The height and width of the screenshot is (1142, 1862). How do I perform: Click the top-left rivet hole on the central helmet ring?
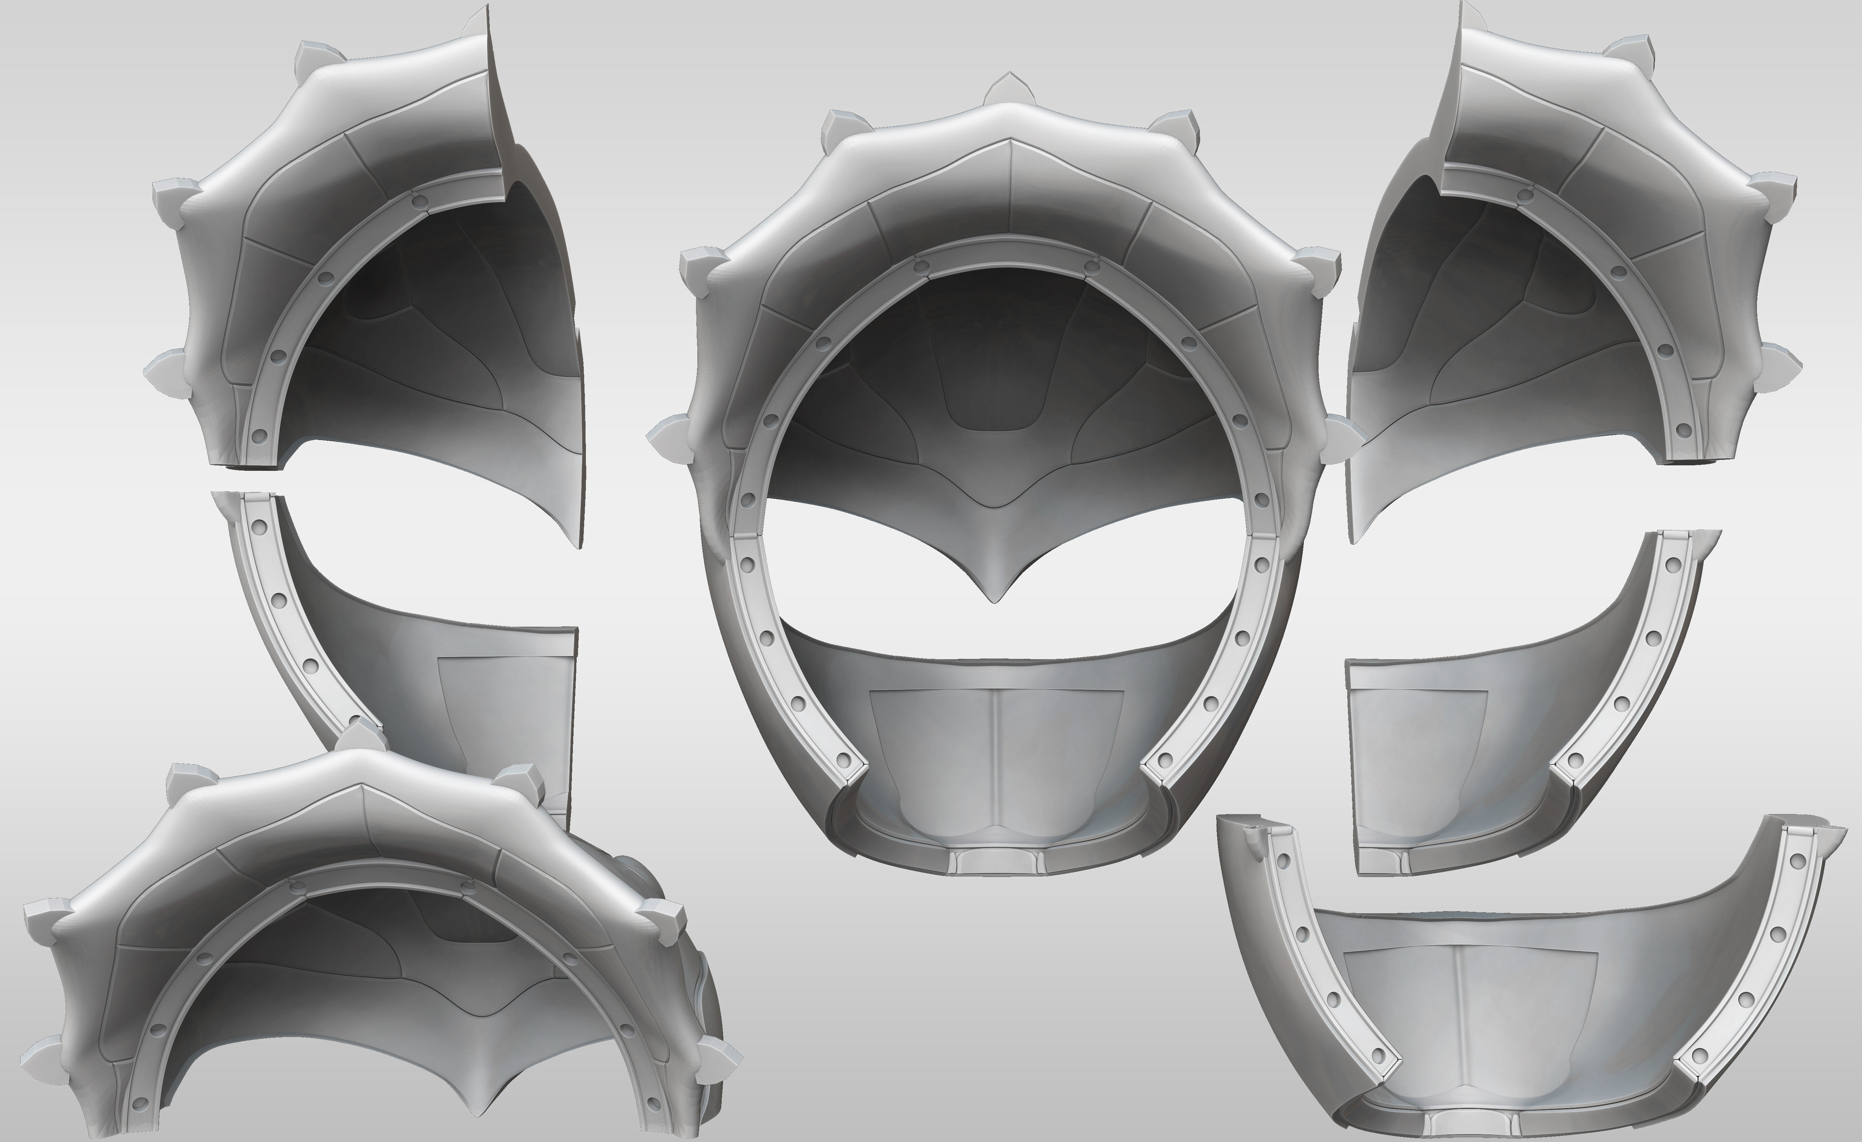point(921,266)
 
